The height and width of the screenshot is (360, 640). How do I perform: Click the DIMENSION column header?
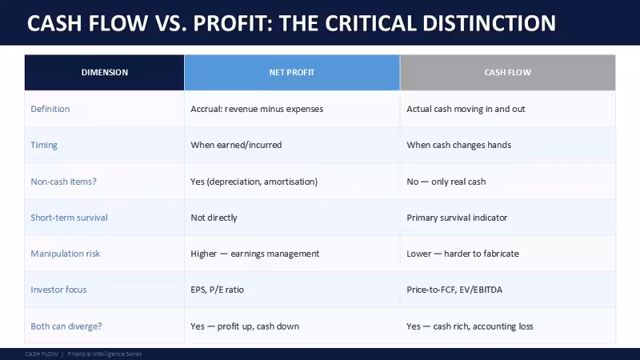(105, 72)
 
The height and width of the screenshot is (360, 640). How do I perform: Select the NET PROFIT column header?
(292, 72)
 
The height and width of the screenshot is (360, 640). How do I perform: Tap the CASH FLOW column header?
(508, 72)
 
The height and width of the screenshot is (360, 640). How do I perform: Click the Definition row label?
(50, 109)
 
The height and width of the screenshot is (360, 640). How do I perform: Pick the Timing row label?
(44, 146)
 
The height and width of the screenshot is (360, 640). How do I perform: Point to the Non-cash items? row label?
(64, 182)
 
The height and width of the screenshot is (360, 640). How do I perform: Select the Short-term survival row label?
(69, 218)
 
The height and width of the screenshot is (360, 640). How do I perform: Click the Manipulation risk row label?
(66, 254)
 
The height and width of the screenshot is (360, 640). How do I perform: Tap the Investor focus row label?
(58, 290)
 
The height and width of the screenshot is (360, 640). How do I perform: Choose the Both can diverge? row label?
(66, 326)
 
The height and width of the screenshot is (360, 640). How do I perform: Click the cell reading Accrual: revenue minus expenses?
(257, 109)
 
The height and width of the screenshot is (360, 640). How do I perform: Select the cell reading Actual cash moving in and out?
(466, 109)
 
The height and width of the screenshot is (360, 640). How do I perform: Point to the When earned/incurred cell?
(236, 145)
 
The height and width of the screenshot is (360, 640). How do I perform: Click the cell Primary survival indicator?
(457, 218)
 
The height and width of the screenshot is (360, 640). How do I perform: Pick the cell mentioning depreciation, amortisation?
(254, 182)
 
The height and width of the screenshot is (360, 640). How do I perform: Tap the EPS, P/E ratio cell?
(217, 290)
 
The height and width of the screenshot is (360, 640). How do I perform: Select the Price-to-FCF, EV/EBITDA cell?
(454, 290)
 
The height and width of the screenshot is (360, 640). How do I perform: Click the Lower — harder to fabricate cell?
(463, 254)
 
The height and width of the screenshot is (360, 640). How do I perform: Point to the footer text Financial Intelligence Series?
(105, 354)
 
